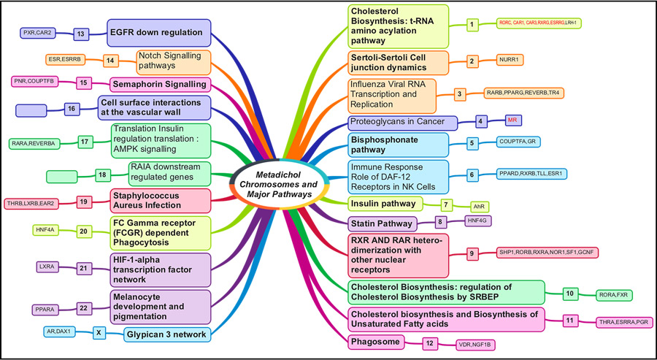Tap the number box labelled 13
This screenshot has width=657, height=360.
(x=82, y=33)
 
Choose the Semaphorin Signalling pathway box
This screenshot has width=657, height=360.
(x=161, y=83)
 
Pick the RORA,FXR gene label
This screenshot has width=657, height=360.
(x=615, y=294)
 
